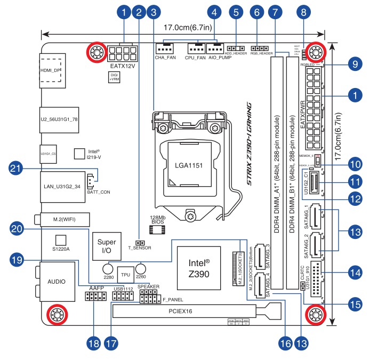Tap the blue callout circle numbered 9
coord(352,65)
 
